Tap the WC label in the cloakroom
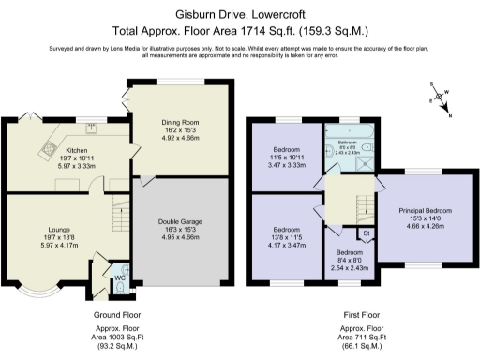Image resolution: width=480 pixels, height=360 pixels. pos(119,277)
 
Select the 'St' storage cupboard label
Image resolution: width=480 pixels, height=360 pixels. pos(367,234)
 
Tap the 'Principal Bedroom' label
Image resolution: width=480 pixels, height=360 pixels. pos(426,211)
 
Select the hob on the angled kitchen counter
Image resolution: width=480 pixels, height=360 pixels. pos(48,148)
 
